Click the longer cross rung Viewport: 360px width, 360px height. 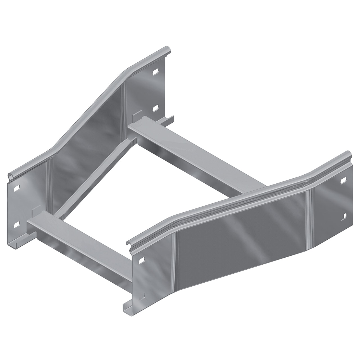(197, 155)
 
